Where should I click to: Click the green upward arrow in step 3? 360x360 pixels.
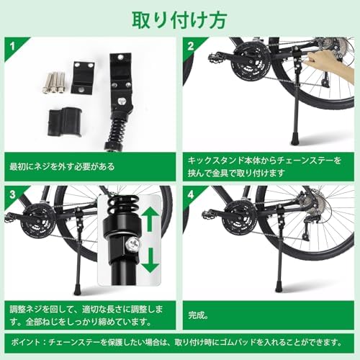click(x=149, y=217)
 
